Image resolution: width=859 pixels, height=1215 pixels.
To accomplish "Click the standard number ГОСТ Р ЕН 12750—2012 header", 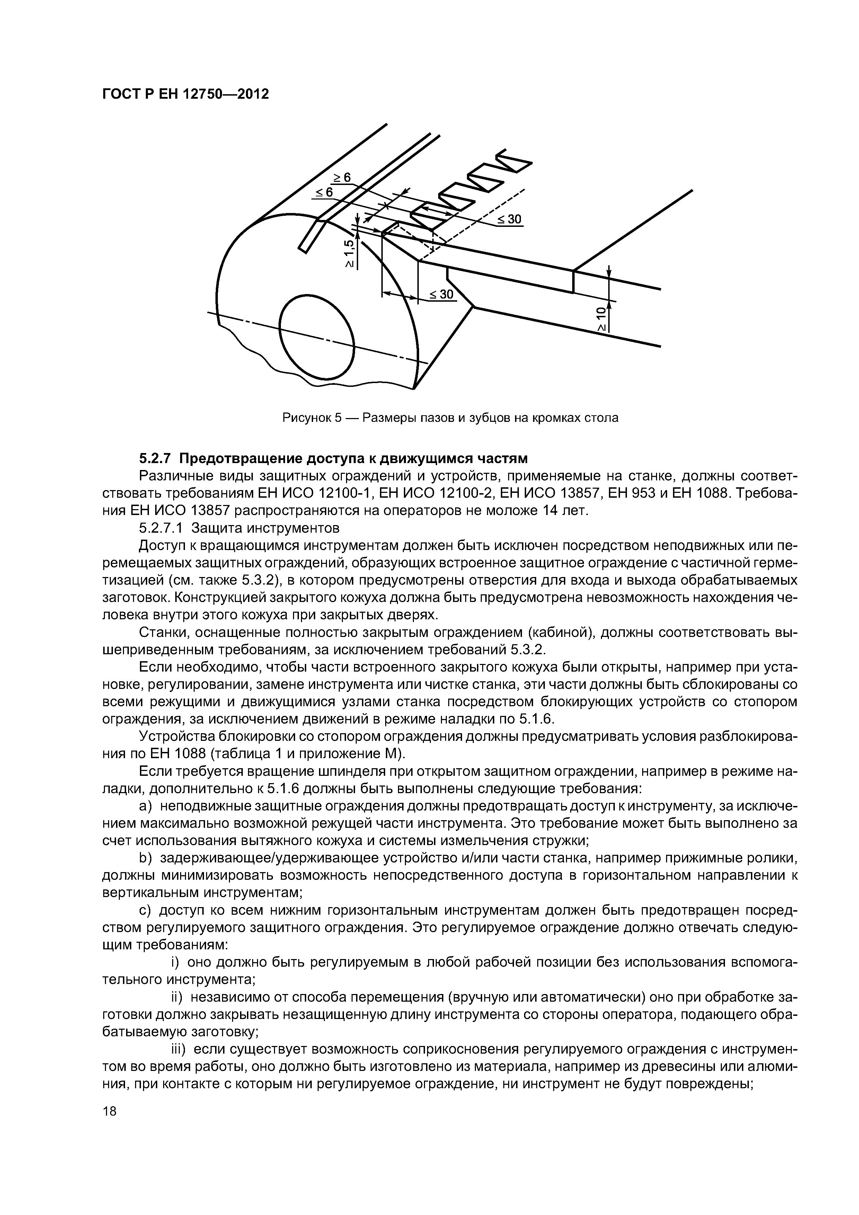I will click(185, 94).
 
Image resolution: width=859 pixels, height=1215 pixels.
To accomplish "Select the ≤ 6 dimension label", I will click(324, 192).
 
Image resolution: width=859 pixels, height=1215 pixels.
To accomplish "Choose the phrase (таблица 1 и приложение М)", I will click(314, 753).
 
